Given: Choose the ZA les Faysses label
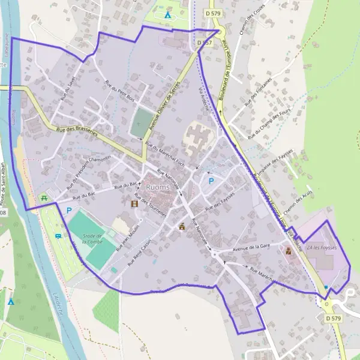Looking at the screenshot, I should tap(322, 247).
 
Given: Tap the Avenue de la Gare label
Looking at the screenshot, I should tap(252, 247).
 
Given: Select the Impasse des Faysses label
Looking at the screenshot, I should tap(274, 162).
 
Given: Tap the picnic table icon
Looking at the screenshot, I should tap(44, 197).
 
